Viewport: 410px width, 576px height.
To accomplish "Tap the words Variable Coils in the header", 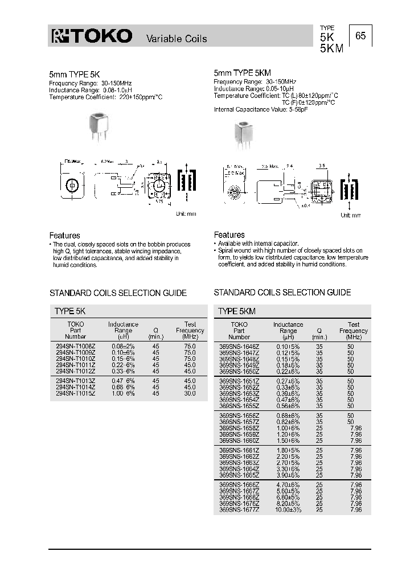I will (177, 39).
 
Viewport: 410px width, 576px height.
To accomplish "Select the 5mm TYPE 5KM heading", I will (242, 73).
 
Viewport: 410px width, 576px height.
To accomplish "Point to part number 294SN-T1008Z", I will (75, 345).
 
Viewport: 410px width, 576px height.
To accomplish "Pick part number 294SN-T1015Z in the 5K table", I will (75, 393).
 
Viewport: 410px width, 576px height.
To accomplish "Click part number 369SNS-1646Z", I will (239, 346).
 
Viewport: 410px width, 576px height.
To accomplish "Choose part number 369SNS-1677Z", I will (239, 509).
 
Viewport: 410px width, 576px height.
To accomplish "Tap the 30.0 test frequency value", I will (190, 393).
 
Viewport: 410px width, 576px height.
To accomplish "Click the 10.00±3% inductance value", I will (288, 509).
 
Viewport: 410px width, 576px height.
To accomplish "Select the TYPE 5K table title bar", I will (128, 311).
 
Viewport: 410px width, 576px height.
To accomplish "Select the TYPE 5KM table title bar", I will (292, 311).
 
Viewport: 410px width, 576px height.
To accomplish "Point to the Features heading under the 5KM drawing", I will (229, 234).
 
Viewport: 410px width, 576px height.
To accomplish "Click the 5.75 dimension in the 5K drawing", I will (159, 201).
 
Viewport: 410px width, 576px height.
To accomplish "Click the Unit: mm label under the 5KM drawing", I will (351, 215).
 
